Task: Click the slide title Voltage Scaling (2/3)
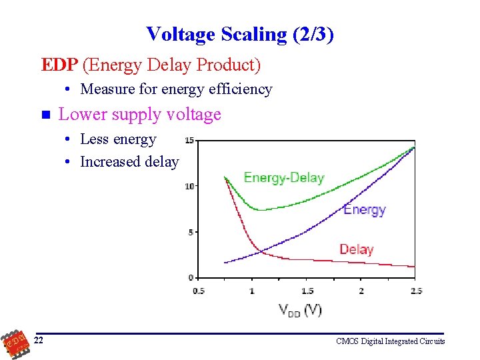point(239,33)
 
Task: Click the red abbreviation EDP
point(60,65)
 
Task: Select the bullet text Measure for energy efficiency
point(176,89)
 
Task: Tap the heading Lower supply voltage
point(139,115)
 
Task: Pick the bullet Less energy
point(118,139)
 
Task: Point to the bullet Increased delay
point(129,161)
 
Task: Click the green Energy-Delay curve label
point(283,177)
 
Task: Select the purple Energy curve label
point(364,209)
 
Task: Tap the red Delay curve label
point(356,249)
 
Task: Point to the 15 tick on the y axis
point(189,141)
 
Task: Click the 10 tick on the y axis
point(189,186)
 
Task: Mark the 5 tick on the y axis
point(191,232)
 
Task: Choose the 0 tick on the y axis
point(191,277)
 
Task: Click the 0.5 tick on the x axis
point(199,291)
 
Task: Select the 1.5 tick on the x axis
point(307,291)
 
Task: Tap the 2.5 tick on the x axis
point(416,291)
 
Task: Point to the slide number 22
point(39,341)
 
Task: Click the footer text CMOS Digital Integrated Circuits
point(390,341)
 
